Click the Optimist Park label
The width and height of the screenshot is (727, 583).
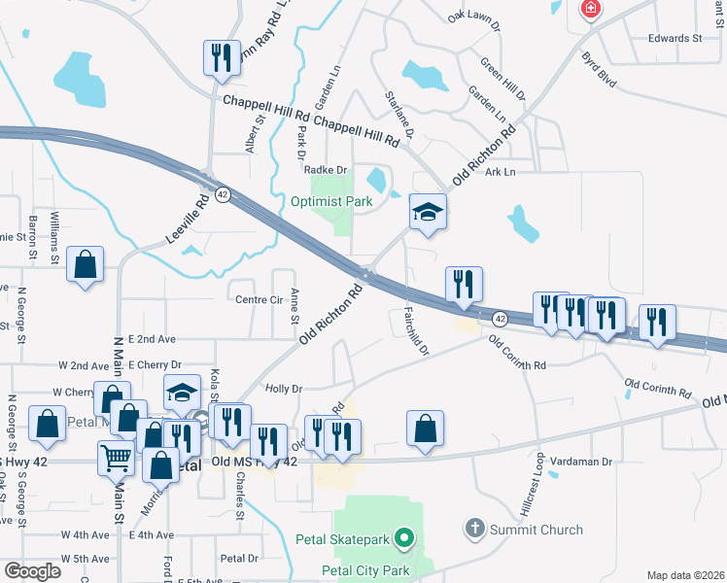331,202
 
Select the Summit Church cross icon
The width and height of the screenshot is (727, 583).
474,530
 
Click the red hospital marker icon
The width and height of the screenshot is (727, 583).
590,11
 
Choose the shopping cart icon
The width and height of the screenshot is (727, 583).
116,456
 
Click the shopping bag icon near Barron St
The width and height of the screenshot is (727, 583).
86,264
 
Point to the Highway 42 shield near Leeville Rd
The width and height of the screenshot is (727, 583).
223,194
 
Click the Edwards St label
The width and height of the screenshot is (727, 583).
675,39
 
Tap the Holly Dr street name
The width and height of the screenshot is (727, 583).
284,389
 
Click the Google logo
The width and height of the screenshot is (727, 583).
32,570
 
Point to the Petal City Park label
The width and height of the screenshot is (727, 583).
363,570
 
